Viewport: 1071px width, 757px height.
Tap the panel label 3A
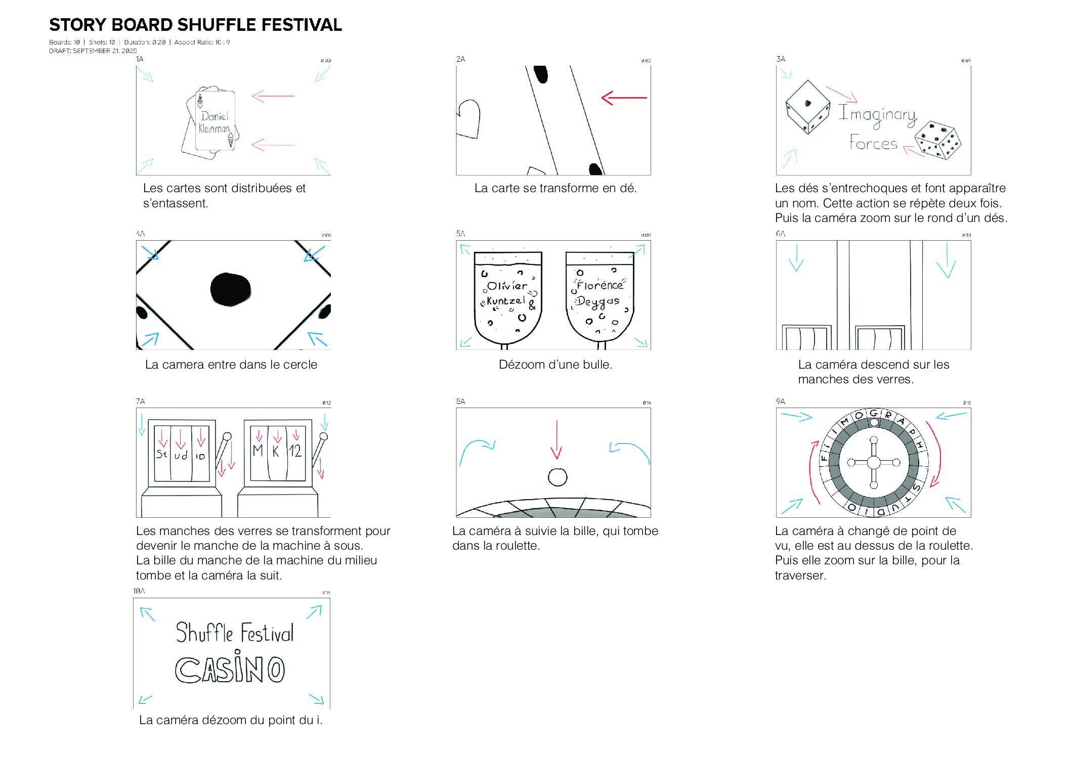point(781,59)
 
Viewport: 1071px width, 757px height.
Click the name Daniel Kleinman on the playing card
point(214,123)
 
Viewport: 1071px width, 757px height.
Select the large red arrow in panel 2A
point(624,98)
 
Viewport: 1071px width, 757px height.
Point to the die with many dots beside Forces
point(937,140)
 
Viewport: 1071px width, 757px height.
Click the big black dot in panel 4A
point(230,290)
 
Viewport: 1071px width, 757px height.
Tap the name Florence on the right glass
point(599,285)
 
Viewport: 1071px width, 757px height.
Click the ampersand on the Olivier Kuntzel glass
point(532,305)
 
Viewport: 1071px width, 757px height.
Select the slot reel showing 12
point(295,451)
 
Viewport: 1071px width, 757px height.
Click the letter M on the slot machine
point(258,450)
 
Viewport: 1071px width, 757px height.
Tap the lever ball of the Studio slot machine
point(227,436)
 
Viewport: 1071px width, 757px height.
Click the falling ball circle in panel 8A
point(557,477)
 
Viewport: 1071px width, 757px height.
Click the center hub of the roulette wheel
point(874,462)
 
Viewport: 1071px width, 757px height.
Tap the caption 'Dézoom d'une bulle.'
point(555,365)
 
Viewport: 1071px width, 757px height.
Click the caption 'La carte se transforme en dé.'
point(555,188)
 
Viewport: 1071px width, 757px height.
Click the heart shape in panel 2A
point(468,118)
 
